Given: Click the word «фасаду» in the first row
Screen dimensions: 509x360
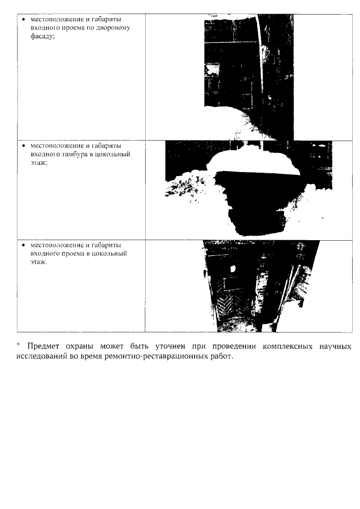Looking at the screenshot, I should click(42, 35).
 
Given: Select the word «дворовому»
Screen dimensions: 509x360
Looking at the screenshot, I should click(114, 28).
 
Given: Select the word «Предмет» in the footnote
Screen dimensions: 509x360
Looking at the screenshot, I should click(42, 346).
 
